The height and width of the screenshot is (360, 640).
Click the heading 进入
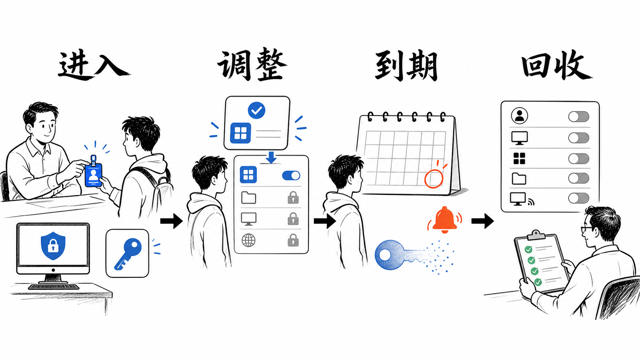click(94, 65)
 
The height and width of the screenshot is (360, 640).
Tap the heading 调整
click(252, 65)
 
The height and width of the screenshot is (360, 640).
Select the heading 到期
click(406, 66)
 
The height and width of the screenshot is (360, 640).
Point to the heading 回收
click(557, 65)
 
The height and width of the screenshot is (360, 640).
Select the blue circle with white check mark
click(256, 111)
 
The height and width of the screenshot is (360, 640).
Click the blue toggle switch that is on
click(291, 175)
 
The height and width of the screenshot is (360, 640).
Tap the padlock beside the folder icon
click(293, 197)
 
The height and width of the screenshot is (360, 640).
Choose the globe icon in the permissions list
click(248, 240)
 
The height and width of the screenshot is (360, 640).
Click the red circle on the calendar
click(433, 179)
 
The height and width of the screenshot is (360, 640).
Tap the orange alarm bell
click(444, 220)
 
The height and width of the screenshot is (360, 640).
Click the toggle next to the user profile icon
click(578, 117)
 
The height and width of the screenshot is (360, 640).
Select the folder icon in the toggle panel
click(519, 178)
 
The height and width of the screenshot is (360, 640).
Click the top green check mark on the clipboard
click(528, 249)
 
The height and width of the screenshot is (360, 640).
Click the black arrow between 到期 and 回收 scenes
click(483, 221)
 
